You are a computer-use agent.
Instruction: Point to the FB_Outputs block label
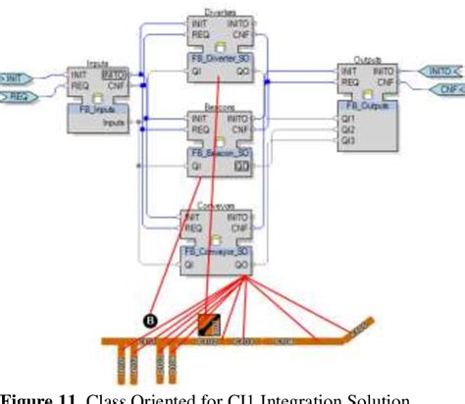369,106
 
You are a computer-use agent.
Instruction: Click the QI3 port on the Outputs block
347,140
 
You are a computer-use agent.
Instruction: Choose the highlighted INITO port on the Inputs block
116,75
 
